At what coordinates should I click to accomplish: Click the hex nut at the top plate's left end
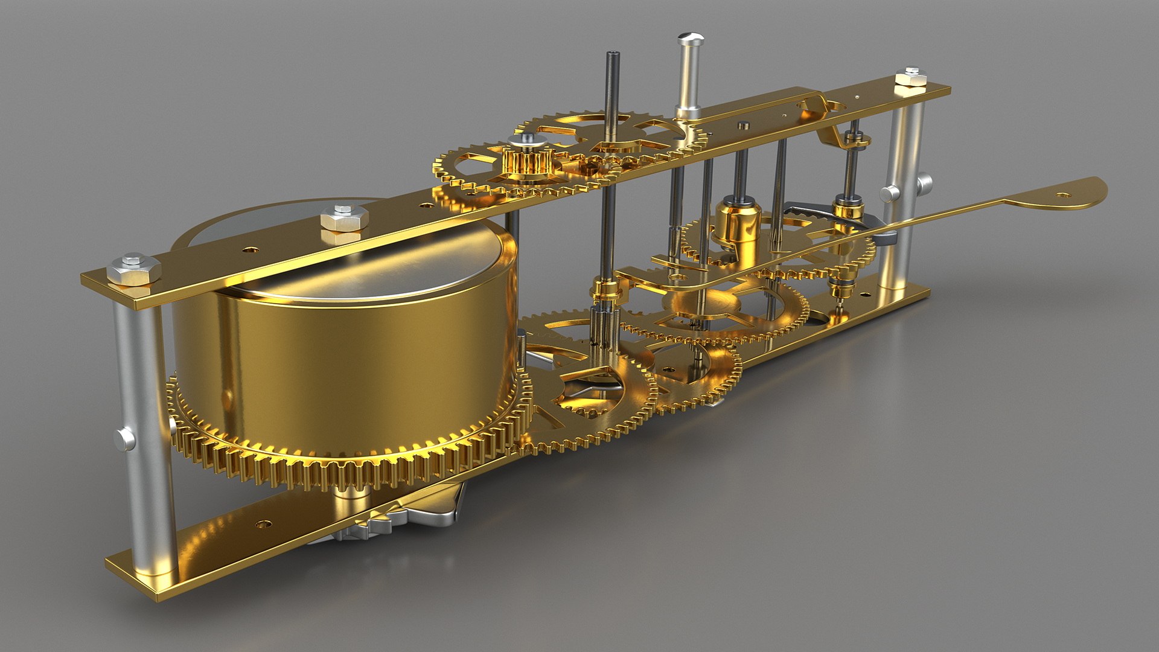point(133,270)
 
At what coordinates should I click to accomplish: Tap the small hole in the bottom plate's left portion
point(262,523)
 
